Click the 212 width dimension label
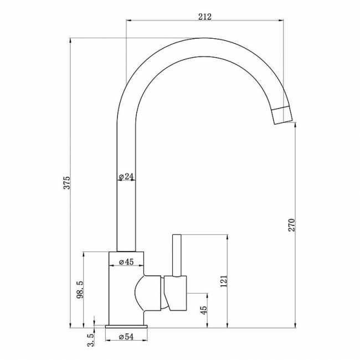205,17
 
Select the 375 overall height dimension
66,183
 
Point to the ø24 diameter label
127,177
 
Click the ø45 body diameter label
127,262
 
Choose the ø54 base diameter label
127,336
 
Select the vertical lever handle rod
178,255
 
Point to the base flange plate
127,327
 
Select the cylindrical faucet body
126,294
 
